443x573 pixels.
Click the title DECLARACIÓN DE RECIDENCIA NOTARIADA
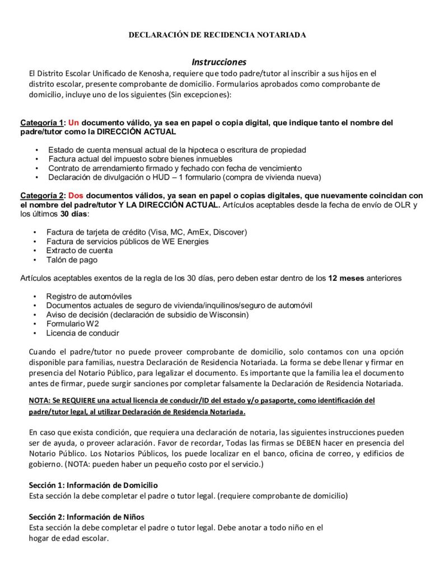pyautogui.click(x=217, y=35)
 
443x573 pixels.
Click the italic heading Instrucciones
pyautogui.click(x=219, y=62)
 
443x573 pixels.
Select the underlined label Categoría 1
pyautogui.click(x=43, y=123)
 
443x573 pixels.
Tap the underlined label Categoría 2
pyautogui.click(x=43, y=196)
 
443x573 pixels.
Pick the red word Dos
pyautogui.click(x=76, y=196)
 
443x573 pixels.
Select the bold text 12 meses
pyautogui.click(x=344, y=278)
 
